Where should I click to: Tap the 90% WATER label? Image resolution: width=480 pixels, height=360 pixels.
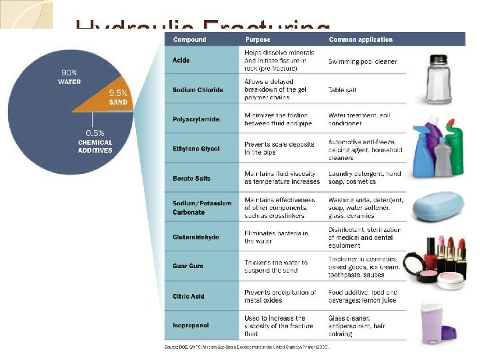coord(69,77)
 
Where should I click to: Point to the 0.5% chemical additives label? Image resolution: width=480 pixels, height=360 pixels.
coord(95,141)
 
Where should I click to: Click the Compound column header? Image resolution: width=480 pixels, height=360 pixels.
coord(189,40)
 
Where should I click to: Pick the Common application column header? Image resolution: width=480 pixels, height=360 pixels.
coord(361,40)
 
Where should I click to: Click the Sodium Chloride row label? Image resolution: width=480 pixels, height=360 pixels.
coord(197,89)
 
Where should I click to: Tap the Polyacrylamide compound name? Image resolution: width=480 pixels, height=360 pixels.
coord(196,119)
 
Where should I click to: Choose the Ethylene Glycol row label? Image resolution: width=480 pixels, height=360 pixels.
coord(196,148)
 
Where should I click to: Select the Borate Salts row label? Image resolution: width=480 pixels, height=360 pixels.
coord(191,178)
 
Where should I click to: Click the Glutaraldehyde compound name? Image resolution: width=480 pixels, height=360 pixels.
coord(195,237)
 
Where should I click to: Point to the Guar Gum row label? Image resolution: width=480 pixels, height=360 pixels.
coord(188,266)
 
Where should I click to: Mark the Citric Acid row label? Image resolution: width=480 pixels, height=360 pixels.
coord(189,295)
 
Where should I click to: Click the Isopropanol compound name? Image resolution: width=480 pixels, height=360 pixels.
coord(191,325)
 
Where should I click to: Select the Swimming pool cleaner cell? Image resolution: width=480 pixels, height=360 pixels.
coord(363,61)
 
